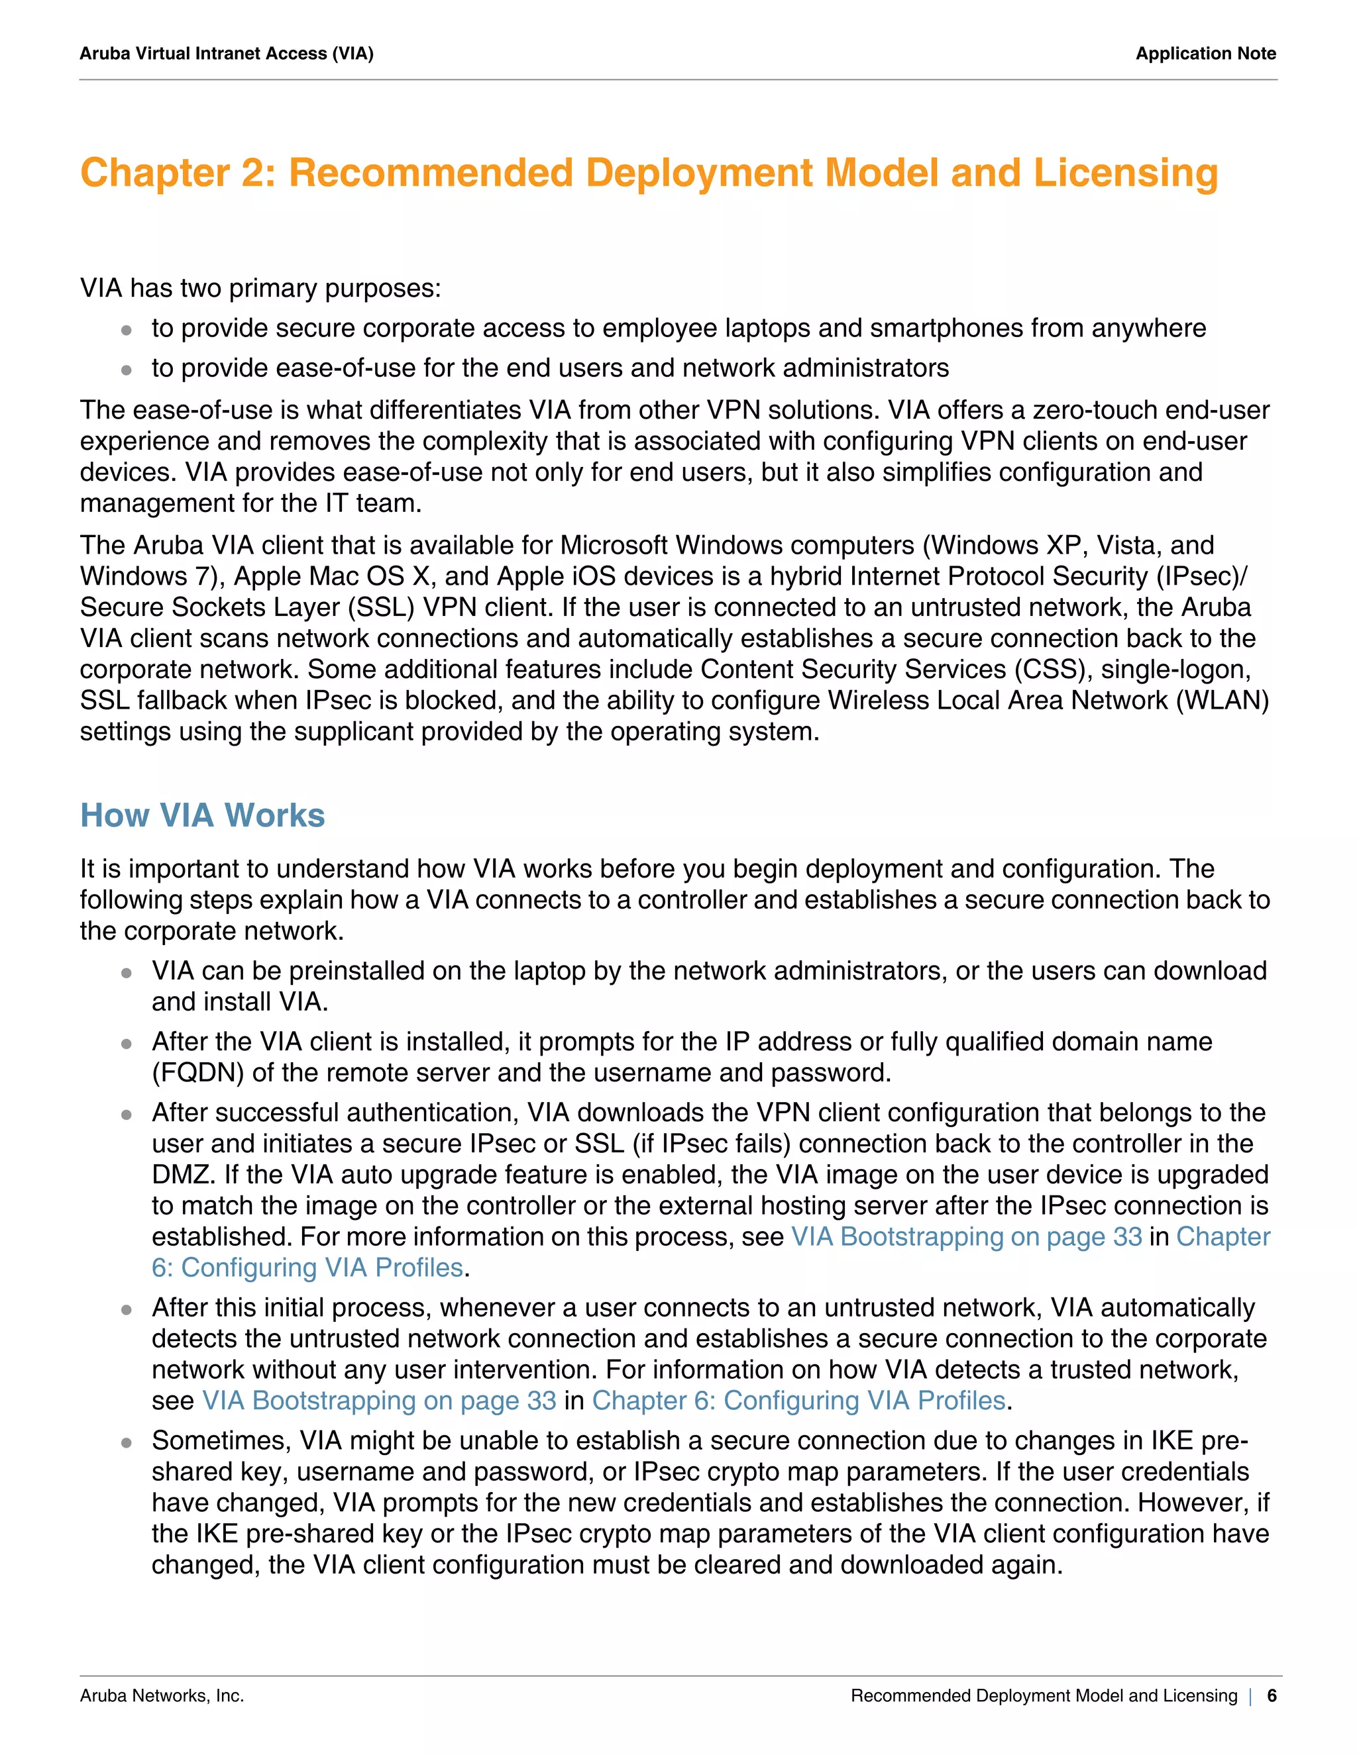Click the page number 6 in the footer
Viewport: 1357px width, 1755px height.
(x=1271, y=1695)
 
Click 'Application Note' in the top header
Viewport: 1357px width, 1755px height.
(x=1205, y=54)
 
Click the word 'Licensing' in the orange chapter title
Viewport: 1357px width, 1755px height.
(x=1126, y=174)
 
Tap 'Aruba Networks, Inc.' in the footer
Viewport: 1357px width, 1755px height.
(x=162, y=1695)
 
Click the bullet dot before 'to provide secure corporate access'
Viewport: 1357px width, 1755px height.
(x=126, y=329)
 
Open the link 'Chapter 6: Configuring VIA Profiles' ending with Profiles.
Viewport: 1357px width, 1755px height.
(x=799, y=1401)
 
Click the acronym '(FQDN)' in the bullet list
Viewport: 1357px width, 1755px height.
(x=197, y=1073)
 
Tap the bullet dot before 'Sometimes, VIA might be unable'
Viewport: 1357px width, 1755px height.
(x=126, y=1442)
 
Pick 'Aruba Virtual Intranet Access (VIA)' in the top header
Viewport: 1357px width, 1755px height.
(x=227, y=54)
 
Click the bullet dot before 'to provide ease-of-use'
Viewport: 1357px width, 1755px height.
(x=126, y=370)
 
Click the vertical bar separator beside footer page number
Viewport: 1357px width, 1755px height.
(x=1251, y=1695)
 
